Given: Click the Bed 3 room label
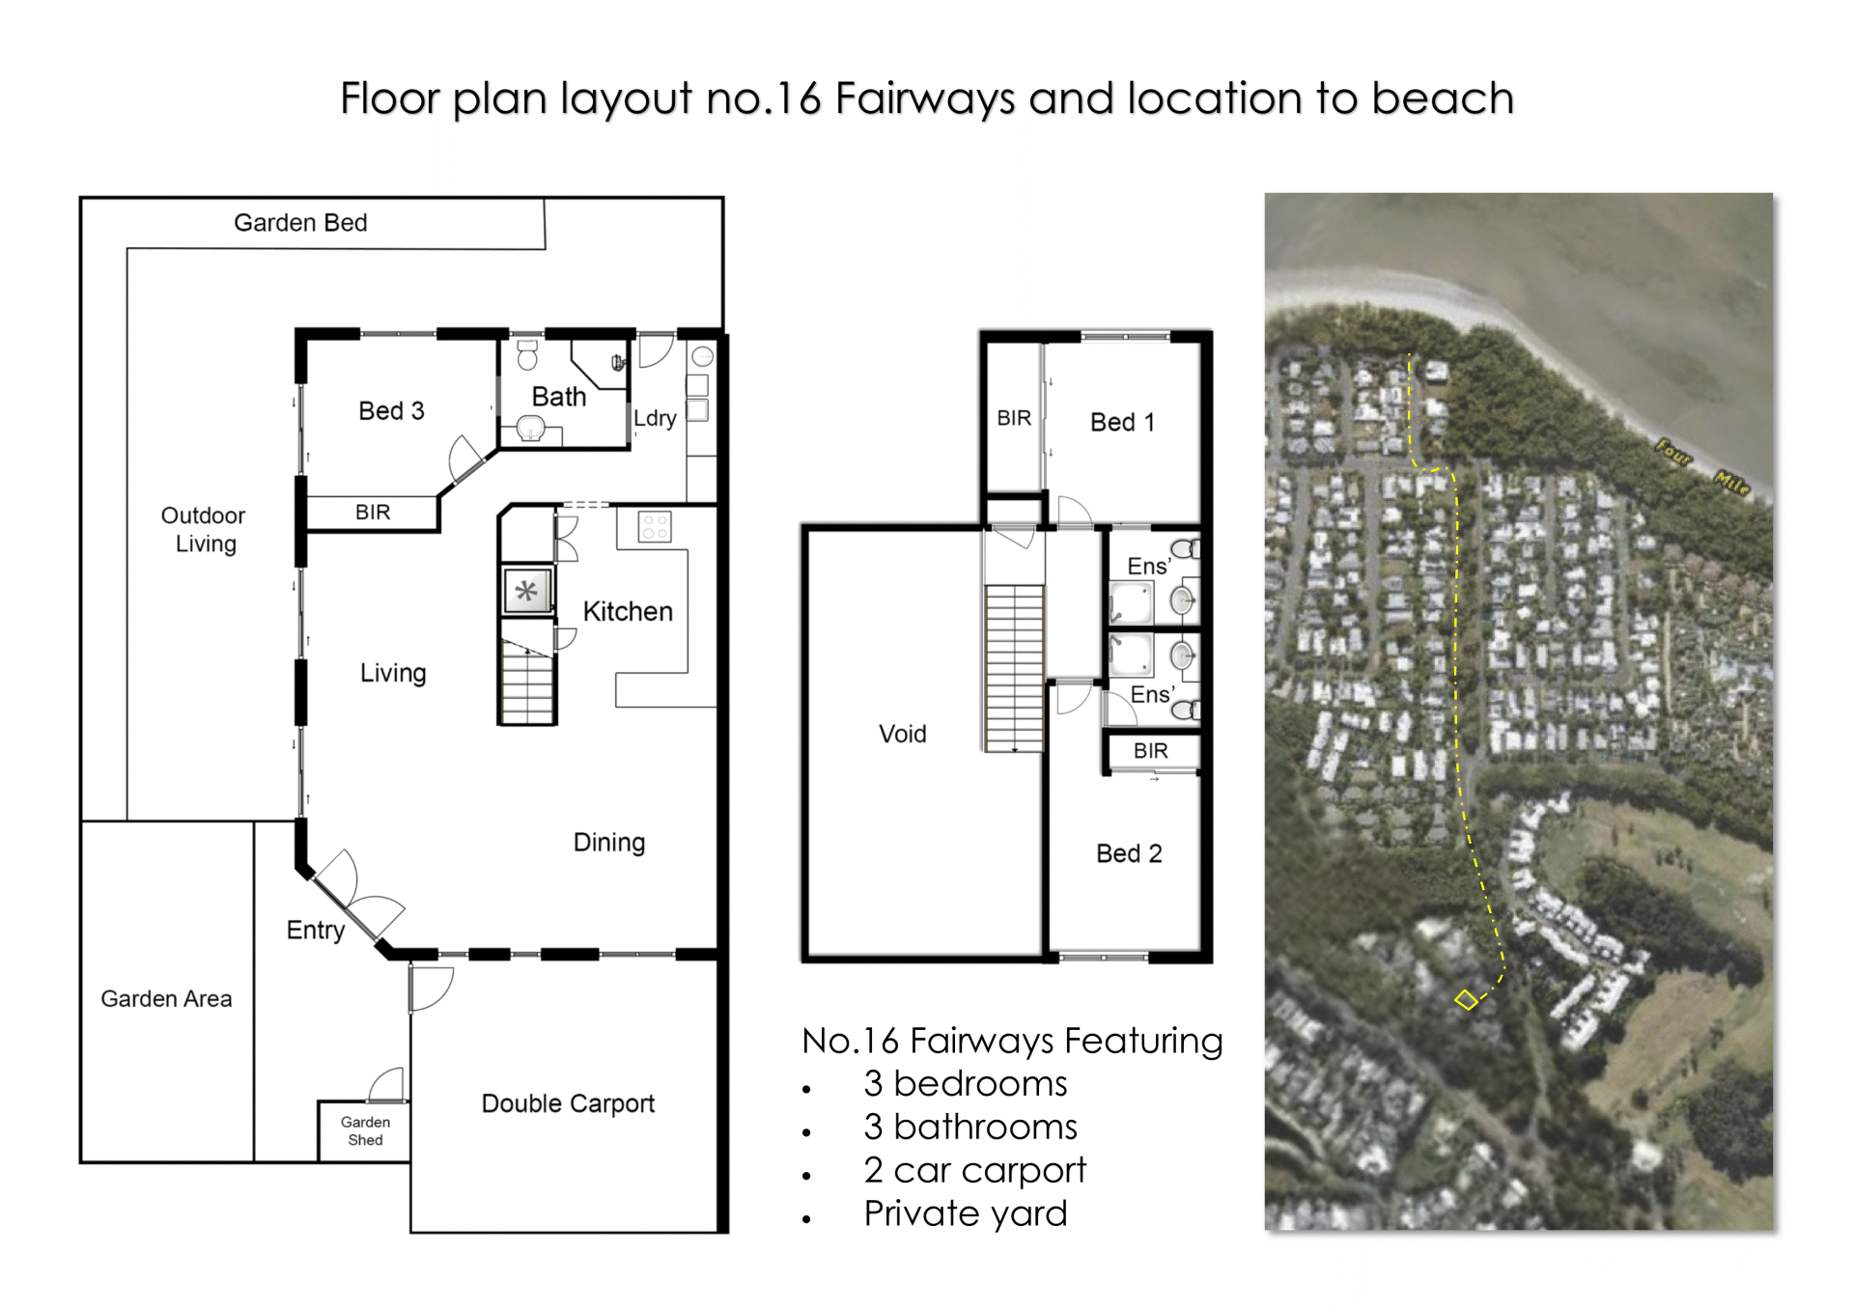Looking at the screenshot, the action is (391, 411).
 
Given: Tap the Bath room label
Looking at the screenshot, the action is (559, 397).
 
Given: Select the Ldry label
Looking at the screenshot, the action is (655, 419).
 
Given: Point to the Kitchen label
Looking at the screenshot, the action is (628, 612).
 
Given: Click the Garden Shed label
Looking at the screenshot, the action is (365, 1131).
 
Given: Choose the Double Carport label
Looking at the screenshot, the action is (568, 1103).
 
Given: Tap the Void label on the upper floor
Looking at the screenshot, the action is (903, 735).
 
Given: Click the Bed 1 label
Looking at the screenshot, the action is (1122, 422).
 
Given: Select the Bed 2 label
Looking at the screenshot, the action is (1129, 853).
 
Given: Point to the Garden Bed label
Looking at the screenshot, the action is (300, 223).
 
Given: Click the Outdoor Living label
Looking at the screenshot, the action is (204, 530).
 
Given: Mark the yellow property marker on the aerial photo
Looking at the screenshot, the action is (1466, 1000).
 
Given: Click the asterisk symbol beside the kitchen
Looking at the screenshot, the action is (526, 591).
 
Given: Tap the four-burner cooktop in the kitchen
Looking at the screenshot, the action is (654, 527).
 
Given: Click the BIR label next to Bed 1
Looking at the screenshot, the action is (1014, 418).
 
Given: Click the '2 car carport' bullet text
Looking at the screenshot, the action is (974, 1170).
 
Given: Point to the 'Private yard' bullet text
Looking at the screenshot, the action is (966, 1213).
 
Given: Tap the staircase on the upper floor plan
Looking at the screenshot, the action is (1014, 668).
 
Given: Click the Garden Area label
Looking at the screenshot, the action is (166, 999).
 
